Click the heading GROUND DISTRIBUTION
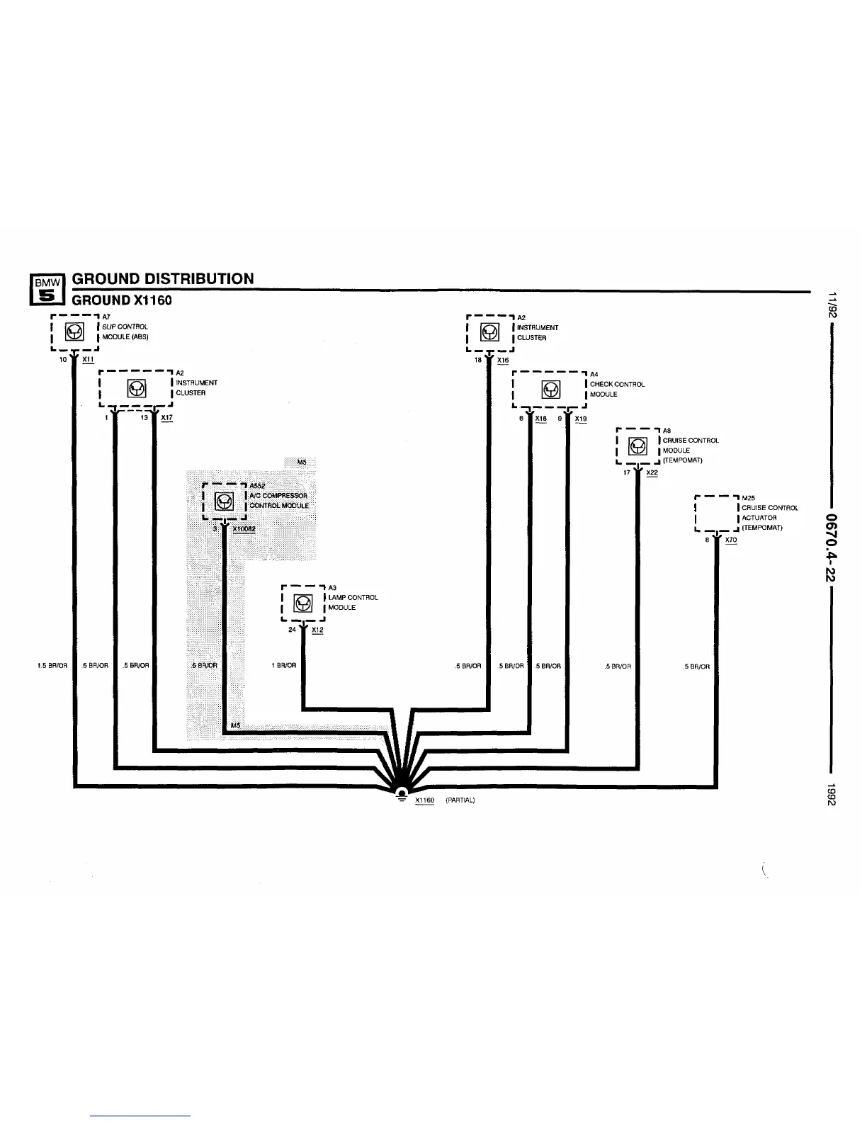[163, 278]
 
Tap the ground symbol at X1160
[401, 794]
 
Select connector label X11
[88, 360]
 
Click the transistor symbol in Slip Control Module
[74, 331]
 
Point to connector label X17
[166, 418]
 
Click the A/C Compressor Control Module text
[279, 500]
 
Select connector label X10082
[244, 529]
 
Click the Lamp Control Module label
[352, 602]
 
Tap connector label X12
[317, 630]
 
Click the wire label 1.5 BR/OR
[52, 666]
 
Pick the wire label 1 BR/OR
[283, 666]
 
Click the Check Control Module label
[616, 389]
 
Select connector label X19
[581, 419]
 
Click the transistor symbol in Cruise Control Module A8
[637, 446]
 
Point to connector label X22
[652, 472]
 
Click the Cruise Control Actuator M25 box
[717, 513]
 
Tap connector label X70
[731, 540]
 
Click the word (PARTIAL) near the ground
[460, 800]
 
